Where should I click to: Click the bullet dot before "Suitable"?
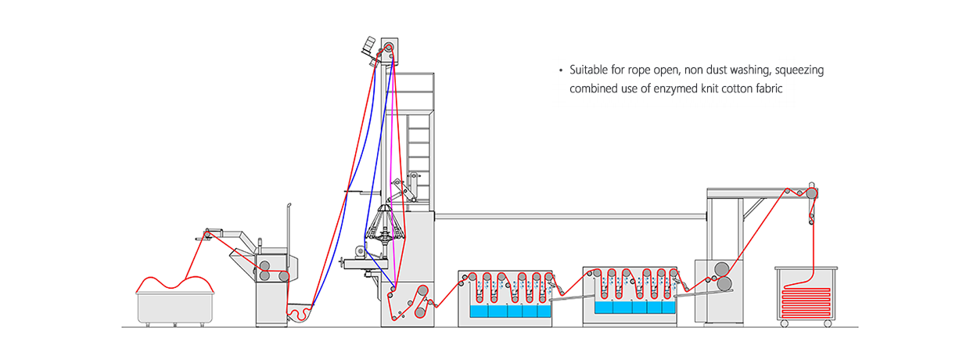tap(561, 70)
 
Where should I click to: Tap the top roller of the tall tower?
tap(389, 47)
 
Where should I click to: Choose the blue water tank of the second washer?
tap(635, 307)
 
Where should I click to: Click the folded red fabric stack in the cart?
tap(806, 302)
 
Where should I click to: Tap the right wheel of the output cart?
tap(828, 324)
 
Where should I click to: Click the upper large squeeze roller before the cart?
tap(721, 269)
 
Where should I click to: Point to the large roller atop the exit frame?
tap(811, 193)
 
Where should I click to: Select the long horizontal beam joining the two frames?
tap(570, 216)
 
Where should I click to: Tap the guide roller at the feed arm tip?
tap(207, 235)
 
